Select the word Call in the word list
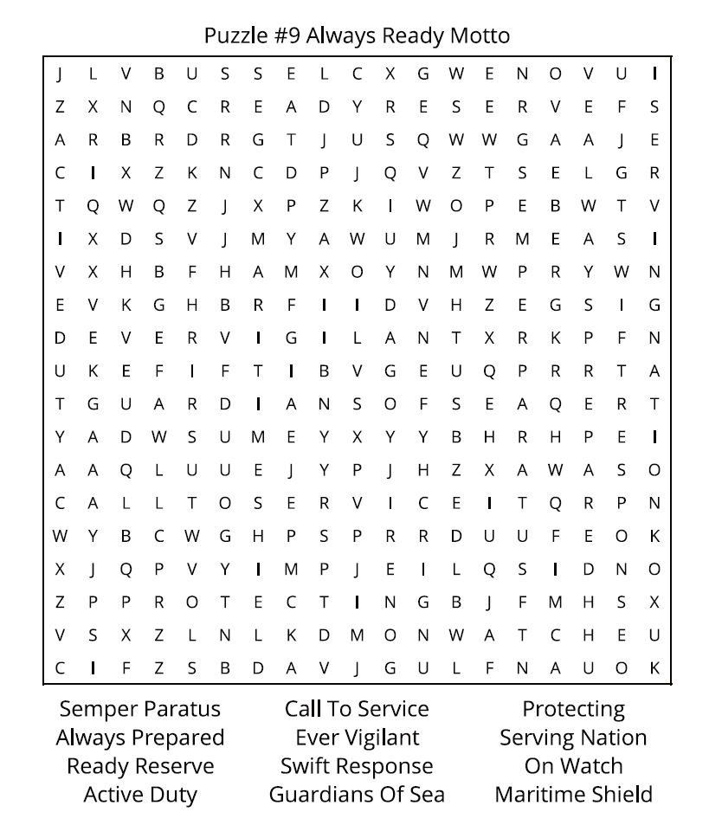[x=303, y=710]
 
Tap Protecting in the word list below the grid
[x=573, y=710]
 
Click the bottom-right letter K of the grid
[x=654, y=668]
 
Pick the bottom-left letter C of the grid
[x=60, y=668]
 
